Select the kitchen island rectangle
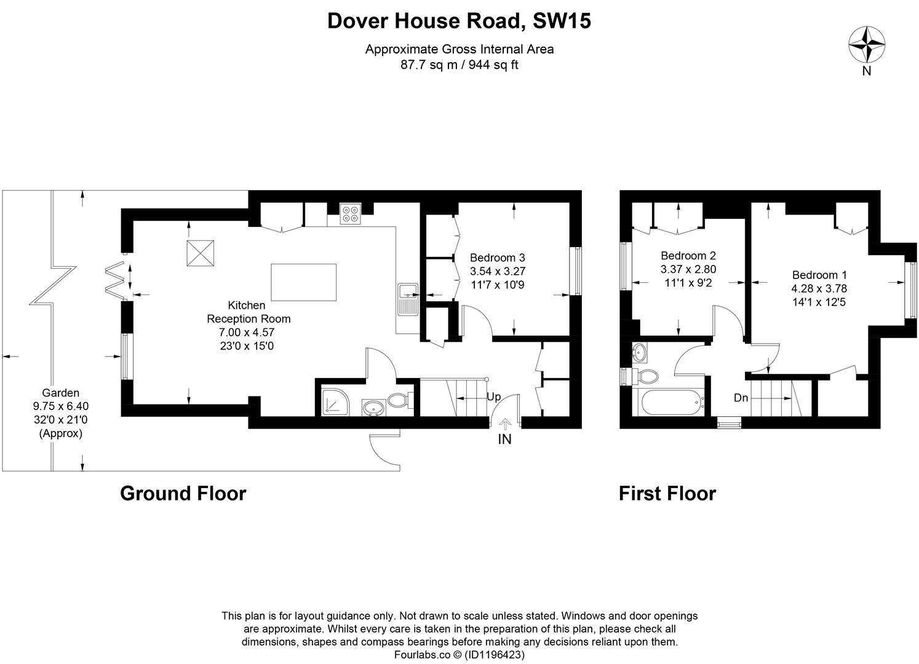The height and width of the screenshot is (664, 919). pyautogui.click(x=304, y=282)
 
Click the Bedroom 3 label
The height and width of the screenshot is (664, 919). pyautogui.click(x=497, y=258)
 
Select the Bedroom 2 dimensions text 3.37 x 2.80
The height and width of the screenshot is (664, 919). pyautogui.click(x=688, y=269)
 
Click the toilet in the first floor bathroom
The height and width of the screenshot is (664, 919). pyautogui.click(x=645, y=376)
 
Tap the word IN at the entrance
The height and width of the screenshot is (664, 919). pyautogui.click(x=504, y=439)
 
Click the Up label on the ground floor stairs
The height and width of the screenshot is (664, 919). pyautogui.click(x=493, y=397)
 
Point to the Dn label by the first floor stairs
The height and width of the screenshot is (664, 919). pyautogui.click(x=741, y=398)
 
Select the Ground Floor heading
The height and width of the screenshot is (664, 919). pyautogui.click(x=183, y=493)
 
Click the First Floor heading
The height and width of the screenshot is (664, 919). pyautogui.click(x=667, y=493)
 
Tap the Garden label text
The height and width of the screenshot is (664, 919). pyautogui.click(x=60, y=392)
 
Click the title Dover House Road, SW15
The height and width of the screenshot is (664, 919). pyautogui.click(x=459, y=21)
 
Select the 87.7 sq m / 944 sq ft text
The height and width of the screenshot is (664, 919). pyautogui.click(x=459, y=65)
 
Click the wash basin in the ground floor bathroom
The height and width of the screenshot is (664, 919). pyautogui.click(x=373, y=407)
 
